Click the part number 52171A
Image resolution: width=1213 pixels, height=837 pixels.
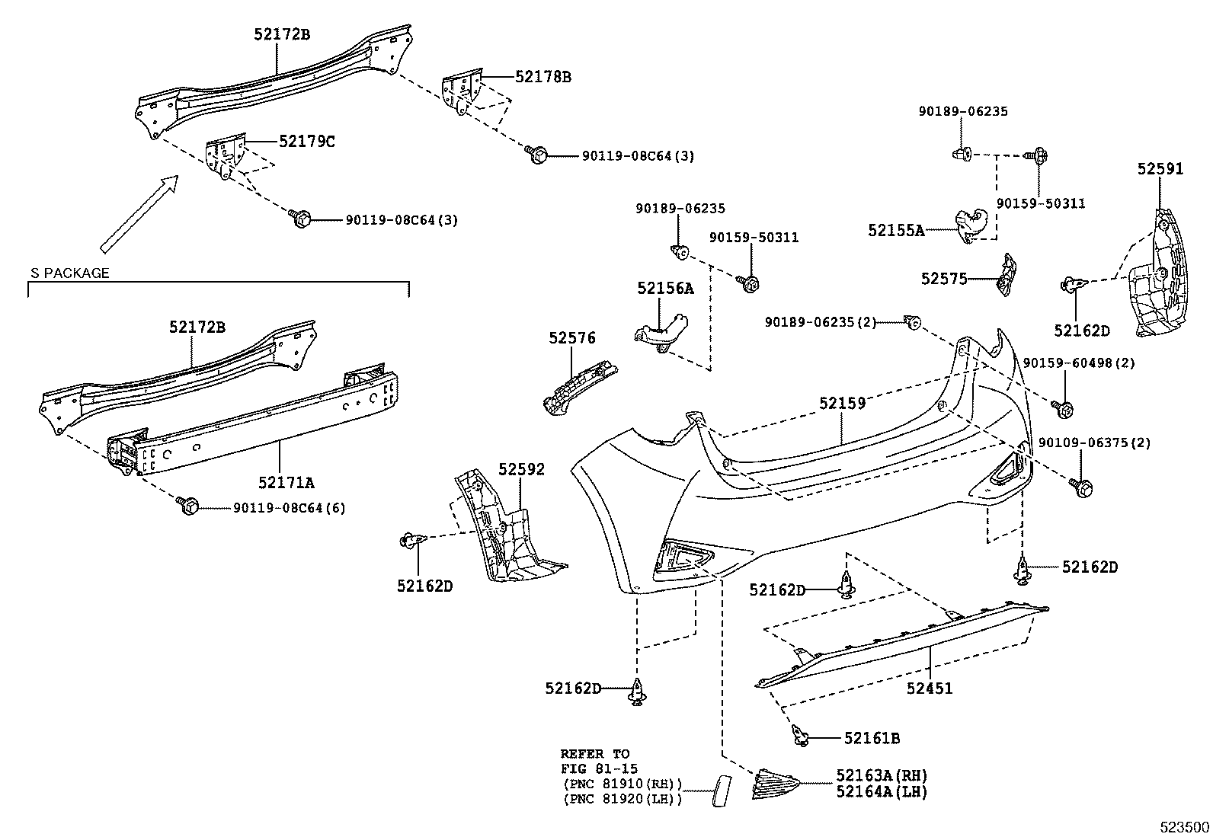point(286,482)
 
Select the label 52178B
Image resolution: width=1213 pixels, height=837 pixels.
point(542,77)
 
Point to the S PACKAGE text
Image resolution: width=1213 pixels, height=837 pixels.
point(69,273)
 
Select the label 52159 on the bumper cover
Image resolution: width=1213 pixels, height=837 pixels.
point(842,403)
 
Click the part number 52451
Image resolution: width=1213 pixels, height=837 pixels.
point(930,688)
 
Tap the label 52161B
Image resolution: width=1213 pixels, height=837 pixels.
point(872,738)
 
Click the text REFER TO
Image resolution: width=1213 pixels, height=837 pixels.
point(595,754)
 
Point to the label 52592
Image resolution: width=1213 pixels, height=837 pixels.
point(522,469)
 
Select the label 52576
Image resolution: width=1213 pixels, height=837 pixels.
point(572,337)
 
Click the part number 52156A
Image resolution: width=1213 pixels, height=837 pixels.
point(665,288)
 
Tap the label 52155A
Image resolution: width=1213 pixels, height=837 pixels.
point(895,229)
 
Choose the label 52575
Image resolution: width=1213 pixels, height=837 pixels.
point(943,279)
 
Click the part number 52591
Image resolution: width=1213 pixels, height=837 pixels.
point(1160,169)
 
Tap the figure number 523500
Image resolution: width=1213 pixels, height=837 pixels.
point(1184,826)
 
